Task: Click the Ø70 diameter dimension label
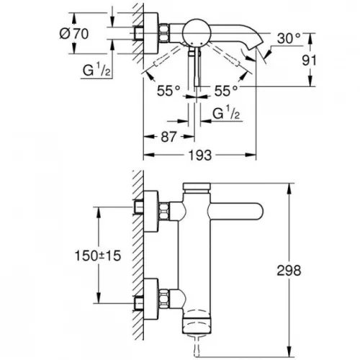(x=74, y=34)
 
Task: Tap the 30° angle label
(x=289, y=38)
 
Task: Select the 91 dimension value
(x=309, y=60)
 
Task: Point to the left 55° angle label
(x=168, y=91)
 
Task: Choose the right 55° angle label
(x=226, y=91)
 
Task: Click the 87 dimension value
(x=168, y=137)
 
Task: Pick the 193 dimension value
(x=200, y=156)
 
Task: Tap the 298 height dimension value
(x=289, y=271)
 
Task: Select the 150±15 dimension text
(x=98, y=256)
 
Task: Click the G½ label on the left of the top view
(x=96, y=70)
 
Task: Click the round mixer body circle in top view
(x=197, y=32)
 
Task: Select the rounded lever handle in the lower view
(x=237, y=212)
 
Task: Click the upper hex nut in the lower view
(x=164, y=211)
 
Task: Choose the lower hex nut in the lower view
(x=164, y=297)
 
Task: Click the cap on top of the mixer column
(x=197, y=188)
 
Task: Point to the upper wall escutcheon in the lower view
(x=150, y=212)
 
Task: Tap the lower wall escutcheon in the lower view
(x=150, y=298)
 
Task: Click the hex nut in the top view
(x=164, y=32)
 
